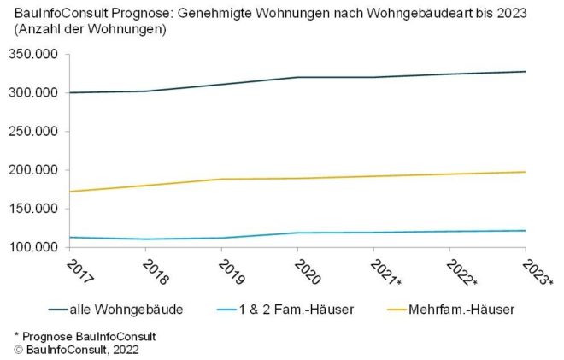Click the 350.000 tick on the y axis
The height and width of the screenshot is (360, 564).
(x=33, y=54)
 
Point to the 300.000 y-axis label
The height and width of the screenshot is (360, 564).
(x=33, y=92)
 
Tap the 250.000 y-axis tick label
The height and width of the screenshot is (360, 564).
(x=33, y=132)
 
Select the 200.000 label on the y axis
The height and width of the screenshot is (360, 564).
(x=33, y=170)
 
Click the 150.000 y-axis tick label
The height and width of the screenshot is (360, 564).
(x=33, y=209)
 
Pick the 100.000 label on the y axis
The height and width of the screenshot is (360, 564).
(x=33, y=247)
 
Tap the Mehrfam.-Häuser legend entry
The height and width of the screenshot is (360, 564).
(x=458, y=310)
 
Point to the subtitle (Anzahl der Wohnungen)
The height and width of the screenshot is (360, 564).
(x=90, y=30)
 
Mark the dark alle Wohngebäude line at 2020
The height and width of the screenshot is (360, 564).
(x=297, y=77)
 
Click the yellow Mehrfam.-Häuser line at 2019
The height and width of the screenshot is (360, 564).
(x=221, y=179)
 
